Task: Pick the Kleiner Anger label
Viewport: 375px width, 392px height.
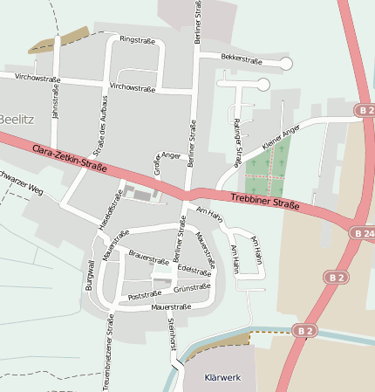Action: point(281,136)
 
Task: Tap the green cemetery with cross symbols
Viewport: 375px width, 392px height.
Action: point(267,172)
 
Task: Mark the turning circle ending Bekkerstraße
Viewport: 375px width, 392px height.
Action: point(285,63)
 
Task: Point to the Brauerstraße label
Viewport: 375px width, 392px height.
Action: point(148,259)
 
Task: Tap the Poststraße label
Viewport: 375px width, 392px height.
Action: point(147,296)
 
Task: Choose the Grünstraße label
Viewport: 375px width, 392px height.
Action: point(192,287)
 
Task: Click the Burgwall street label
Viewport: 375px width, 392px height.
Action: point(89,275)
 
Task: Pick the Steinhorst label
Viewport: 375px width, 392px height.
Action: point(171,335)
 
